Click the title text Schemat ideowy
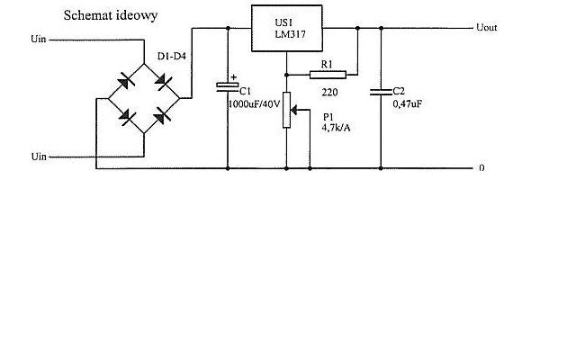pos(111,16)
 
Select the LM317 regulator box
pos(287,28)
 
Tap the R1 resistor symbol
pos(328,75)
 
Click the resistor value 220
pos(329,92)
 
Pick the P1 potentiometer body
pos(286,110)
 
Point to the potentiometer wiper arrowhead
pos(294,110)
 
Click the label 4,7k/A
pos(336,128)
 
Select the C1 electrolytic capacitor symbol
pos(228,87)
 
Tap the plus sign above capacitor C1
pos(234,77)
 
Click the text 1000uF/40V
pos(254,104)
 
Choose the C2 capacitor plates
pos(381,92)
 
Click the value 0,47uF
pos(408,104)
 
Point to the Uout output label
pos(486,28)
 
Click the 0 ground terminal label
pos(481,168)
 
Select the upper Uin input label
pos(39,39)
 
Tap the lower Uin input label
pos(39,157)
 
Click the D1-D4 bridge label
pos(172,57)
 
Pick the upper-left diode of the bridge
pos(126,82)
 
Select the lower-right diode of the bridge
pos(162,116)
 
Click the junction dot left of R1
pos(286,75)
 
